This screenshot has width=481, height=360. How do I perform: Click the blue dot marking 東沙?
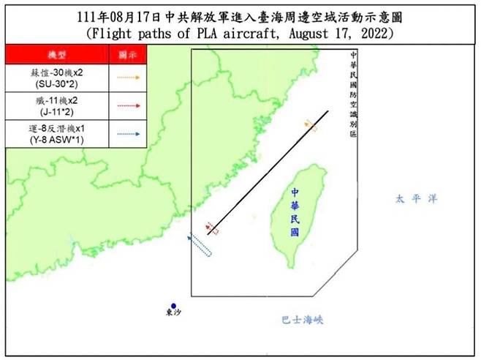coord(173,306)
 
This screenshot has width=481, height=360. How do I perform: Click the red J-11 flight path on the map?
coord(211,228)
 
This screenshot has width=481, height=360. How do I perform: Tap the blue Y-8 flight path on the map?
coord(200,244)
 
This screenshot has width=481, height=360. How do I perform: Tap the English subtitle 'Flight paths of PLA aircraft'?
coord(240,34)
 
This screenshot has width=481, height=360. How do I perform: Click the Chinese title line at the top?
coord(240,16)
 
